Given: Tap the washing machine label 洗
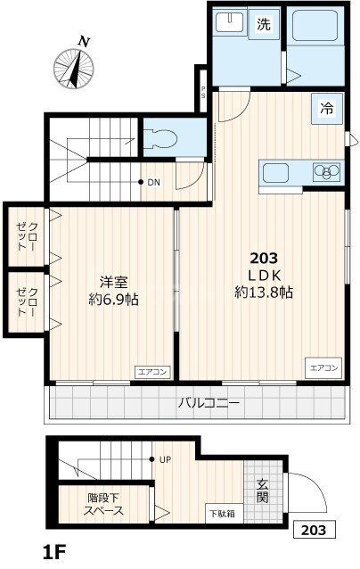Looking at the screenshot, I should pos(264,25).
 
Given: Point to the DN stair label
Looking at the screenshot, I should pos(153,183).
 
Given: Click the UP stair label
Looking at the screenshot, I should pos(165,460).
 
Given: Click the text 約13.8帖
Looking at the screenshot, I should pos(265,292).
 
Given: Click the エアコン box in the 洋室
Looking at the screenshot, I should pos(149,371).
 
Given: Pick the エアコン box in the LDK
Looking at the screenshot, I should pos(323,367).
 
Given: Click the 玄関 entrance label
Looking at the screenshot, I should pos(263,491).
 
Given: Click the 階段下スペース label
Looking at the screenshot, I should pos(105,506).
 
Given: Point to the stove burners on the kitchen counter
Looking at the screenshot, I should pos(325,171).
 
